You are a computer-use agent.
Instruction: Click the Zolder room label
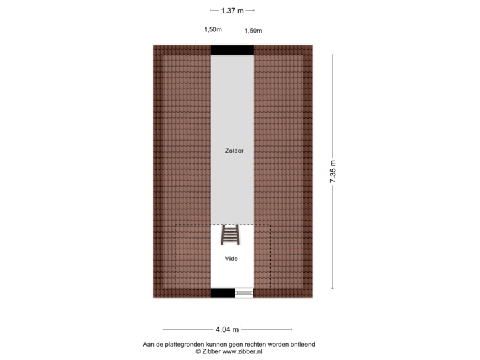coord(234,151)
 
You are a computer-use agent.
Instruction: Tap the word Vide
coord(231,258)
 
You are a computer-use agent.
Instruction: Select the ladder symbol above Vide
coord(231,235)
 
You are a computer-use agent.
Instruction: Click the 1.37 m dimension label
coord(233,10)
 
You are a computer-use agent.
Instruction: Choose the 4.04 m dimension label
coord(227,329)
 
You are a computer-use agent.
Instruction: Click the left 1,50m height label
coord(213,29)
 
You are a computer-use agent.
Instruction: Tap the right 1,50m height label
coord(253,30)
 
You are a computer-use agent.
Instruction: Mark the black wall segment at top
coord(232,49)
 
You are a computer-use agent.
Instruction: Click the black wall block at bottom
coord(223,293)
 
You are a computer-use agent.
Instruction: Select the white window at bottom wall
coord(244,293)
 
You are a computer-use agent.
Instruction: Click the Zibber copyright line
coord(229,351)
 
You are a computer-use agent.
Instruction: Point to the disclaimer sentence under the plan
coord(229,344)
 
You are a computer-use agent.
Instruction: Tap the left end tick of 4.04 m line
coord(163,329)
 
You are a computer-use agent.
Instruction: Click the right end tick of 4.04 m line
coord(291,329)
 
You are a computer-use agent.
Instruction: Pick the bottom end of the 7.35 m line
coord(333,289)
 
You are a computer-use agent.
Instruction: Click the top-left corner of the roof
coord(153,45)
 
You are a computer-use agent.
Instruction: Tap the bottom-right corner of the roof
coord(313,298)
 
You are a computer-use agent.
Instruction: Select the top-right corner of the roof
coord(313,45)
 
